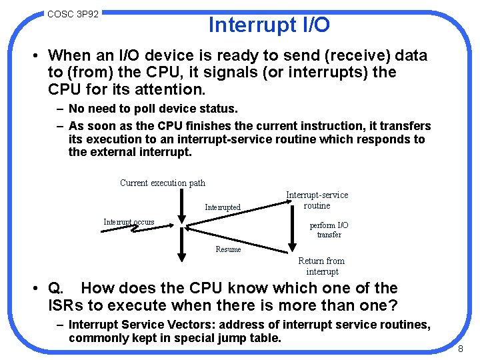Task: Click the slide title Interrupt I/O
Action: tap(269, 25)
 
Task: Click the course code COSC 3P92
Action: tap(73, 13)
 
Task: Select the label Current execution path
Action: tap(163, 183)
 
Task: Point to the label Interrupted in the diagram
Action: tap(223, 207)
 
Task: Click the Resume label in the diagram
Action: tap(228, 249)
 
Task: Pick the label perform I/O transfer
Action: tap(329, 230)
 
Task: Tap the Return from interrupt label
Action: tap(321, 266)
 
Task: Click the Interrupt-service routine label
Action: tap(317, 200)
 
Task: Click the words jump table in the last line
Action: tap(252, 338)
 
